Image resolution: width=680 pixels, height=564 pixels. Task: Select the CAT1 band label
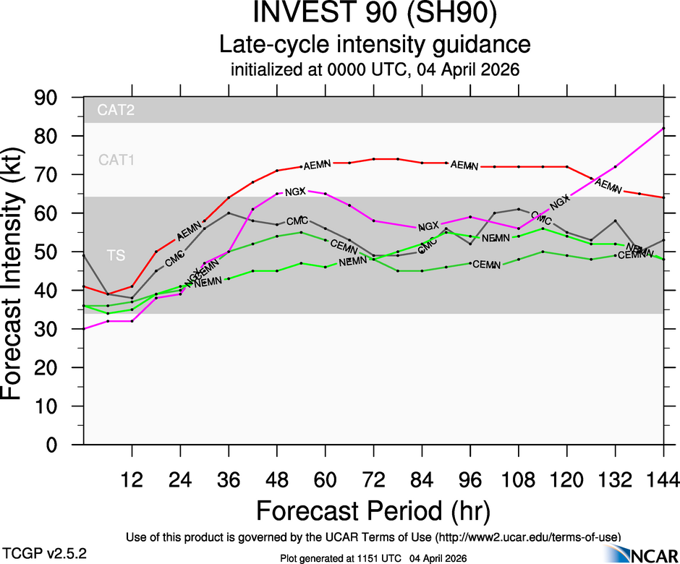click(117, 160)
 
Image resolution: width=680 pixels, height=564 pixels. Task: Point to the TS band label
click(116, 255)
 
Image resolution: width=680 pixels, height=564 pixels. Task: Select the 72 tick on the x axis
click(373, 479)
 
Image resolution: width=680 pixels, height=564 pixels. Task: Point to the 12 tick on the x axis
click(132, 479)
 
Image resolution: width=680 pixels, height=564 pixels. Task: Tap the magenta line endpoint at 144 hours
click(663, 129)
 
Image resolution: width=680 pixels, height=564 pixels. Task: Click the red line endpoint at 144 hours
click(663, 197)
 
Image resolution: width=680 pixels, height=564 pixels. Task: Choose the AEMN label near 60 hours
click(317, 164)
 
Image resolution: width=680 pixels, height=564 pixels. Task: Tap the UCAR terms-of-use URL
click(527, 537)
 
